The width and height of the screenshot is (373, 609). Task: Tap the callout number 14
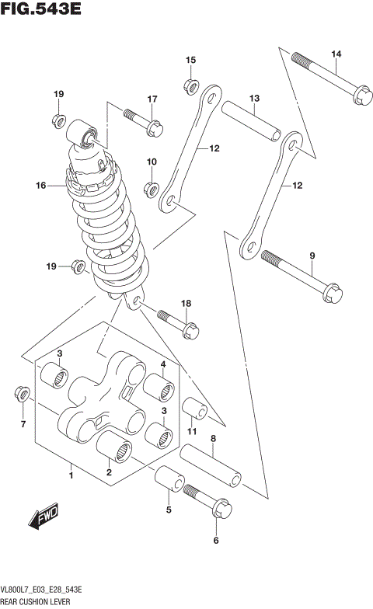[336, 54]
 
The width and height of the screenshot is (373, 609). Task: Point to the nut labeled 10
[152, 186]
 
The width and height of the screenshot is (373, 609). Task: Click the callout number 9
[312, 256]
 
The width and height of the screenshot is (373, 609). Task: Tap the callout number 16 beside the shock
[41, 186]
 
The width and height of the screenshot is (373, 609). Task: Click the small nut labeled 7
[23, 395]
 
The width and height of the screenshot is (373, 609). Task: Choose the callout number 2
[110, 472]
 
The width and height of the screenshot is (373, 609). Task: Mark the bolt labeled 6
[204, 500]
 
